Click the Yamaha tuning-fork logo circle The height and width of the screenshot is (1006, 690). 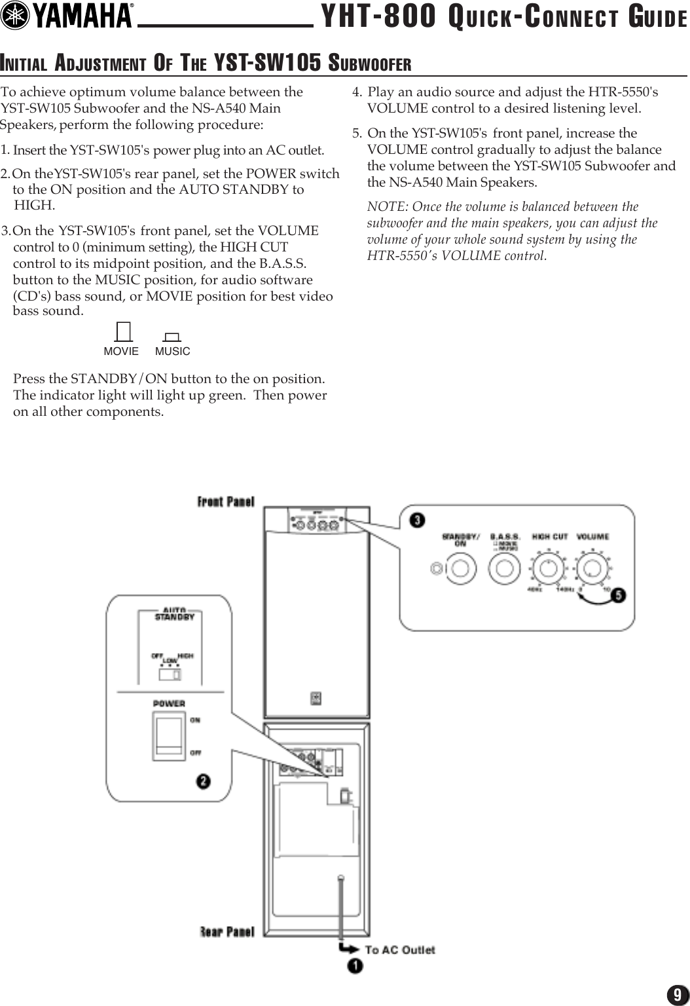click(16, 16)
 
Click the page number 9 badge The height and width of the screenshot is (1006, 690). click(677, 995)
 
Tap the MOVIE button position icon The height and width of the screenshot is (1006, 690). click(122, 333)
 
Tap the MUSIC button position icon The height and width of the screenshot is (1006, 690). click(172, 337)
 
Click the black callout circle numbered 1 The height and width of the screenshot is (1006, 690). click(355, 966)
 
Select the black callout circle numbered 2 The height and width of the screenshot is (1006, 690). click(204, 781)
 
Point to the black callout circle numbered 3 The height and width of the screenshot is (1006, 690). click(417, 520)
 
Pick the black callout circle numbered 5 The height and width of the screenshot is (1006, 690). click(618, 595)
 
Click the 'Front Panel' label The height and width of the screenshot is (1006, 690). click(226, 502)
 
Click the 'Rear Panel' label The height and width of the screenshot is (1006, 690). click(227, 931)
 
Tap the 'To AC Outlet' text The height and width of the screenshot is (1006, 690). click(399, 950)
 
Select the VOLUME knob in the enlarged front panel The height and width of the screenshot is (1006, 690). click(592, 568)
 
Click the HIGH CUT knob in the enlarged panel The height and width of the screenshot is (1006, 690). click(549, 568)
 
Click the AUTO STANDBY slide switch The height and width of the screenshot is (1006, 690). click(170, 674)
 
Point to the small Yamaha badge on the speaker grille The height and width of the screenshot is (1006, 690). click(316, 698)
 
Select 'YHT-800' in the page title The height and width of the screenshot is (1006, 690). click(378, 18)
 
